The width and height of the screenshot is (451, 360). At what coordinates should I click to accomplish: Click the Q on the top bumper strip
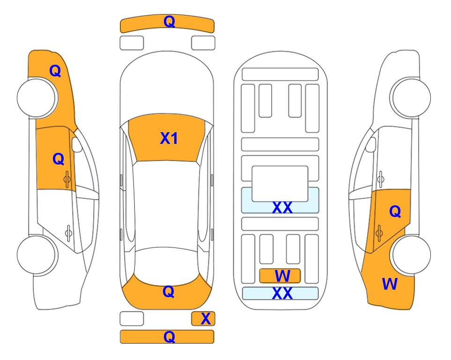[169, 22]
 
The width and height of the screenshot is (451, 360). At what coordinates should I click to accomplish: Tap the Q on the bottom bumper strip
[169, 337]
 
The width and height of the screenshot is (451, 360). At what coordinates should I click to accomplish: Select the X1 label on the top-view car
[169, 138]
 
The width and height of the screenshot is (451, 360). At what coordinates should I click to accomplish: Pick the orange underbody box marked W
[280, 275]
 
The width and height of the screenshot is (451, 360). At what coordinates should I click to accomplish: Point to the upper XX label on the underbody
[282, 208]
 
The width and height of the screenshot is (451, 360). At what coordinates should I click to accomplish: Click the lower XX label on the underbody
[282, 293]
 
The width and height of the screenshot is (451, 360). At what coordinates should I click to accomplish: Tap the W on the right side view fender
[390, 284]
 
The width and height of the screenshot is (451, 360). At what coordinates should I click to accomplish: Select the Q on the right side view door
[395, 212]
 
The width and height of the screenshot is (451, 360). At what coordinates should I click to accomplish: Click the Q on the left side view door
[58, 159]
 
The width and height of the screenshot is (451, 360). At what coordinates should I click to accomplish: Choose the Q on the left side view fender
[55, 71]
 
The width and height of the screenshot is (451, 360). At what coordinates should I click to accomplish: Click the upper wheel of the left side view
[37, 97]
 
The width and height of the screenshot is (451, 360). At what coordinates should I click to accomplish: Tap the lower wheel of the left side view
[37, 255]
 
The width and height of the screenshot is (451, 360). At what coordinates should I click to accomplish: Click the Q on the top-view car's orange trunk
[168, 292]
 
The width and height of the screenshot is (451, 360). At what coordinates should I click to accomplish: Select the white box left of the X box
[131, 319]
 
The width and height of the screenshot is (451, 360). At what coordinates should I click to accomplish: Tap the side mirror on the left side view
[77, 145]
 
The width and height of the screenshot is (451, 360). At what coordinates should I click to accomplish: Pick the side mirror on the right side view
[370, 144]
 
